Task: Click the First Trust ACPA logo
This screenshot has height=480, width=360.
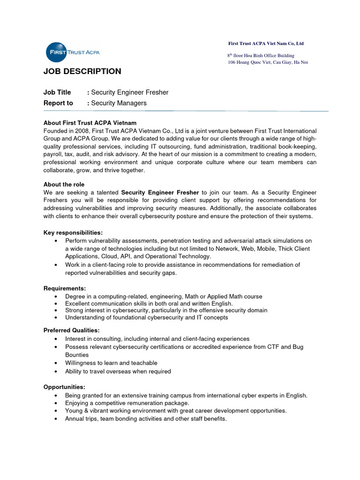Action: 72,52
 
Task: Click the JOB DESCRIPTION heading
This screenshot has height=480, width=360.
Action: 82,71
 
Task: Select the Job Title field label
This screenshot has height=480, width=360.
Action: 57,92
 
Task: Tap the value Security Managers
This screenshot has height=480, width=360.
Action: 119,103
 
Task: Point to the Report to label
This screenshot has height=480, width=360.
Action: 58,103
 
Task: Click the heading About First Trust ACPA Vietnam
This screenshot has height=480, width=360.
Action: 90,123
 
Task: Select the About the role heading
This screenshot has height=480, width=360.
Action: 64,184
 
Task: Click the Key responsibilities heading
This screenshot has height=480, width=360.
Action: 73,233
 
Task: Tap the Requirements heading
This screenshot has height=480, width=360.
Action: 65,288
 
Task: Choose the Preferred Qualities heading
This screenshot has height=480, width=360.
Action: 71,330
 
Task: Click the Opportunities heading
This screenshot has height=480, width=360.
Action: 64,387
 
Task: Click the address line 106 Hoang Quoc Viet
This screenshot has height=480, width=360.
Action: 268,62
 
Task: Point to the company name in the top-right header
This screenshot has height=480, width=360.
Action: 266,44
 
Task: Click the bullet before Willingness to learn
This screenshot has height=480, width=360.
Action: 56,363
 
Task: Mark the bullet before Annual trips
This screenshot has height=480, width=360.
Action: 56,419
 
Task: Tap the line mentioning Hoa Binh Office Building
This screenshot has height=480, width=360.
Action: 261,55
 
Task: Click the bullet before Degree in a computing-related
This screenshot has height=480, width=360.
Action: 56,297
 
